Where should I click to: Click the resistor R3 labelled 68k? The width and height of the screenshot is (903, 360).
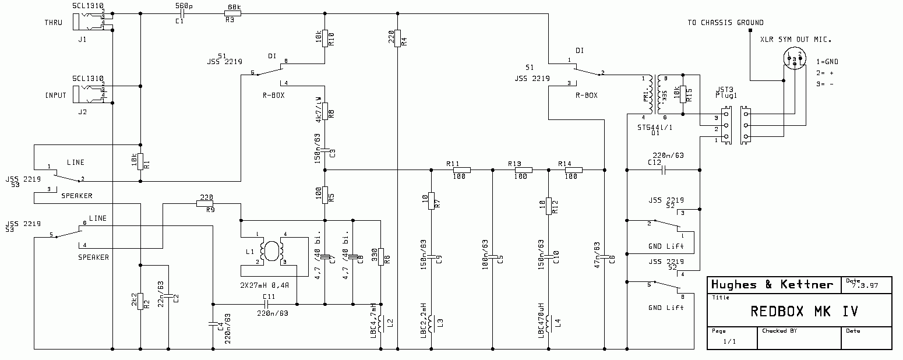point(232,13)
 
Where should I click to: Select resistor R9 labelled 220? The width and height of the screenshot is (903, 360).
point(207,203)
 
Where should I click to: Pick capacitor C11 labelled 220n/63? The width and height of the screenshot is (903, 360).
point(267,304)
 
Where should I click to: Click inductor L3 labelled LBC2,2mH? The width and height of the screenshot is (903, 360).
point(431,322)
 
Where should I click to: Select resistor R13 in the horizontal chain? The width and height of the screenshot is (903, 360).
point(523,170)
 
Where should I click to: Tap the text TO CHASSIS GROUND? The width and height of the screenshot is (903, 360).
point(725,23)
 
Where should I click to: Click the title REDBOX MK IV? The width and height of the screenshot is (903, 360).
point(804,312)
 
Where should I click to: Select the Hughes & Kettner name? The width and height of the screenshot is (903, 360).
point(771,284)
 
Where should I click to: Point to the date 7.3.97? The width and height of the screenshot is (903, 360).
point(865,286)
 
